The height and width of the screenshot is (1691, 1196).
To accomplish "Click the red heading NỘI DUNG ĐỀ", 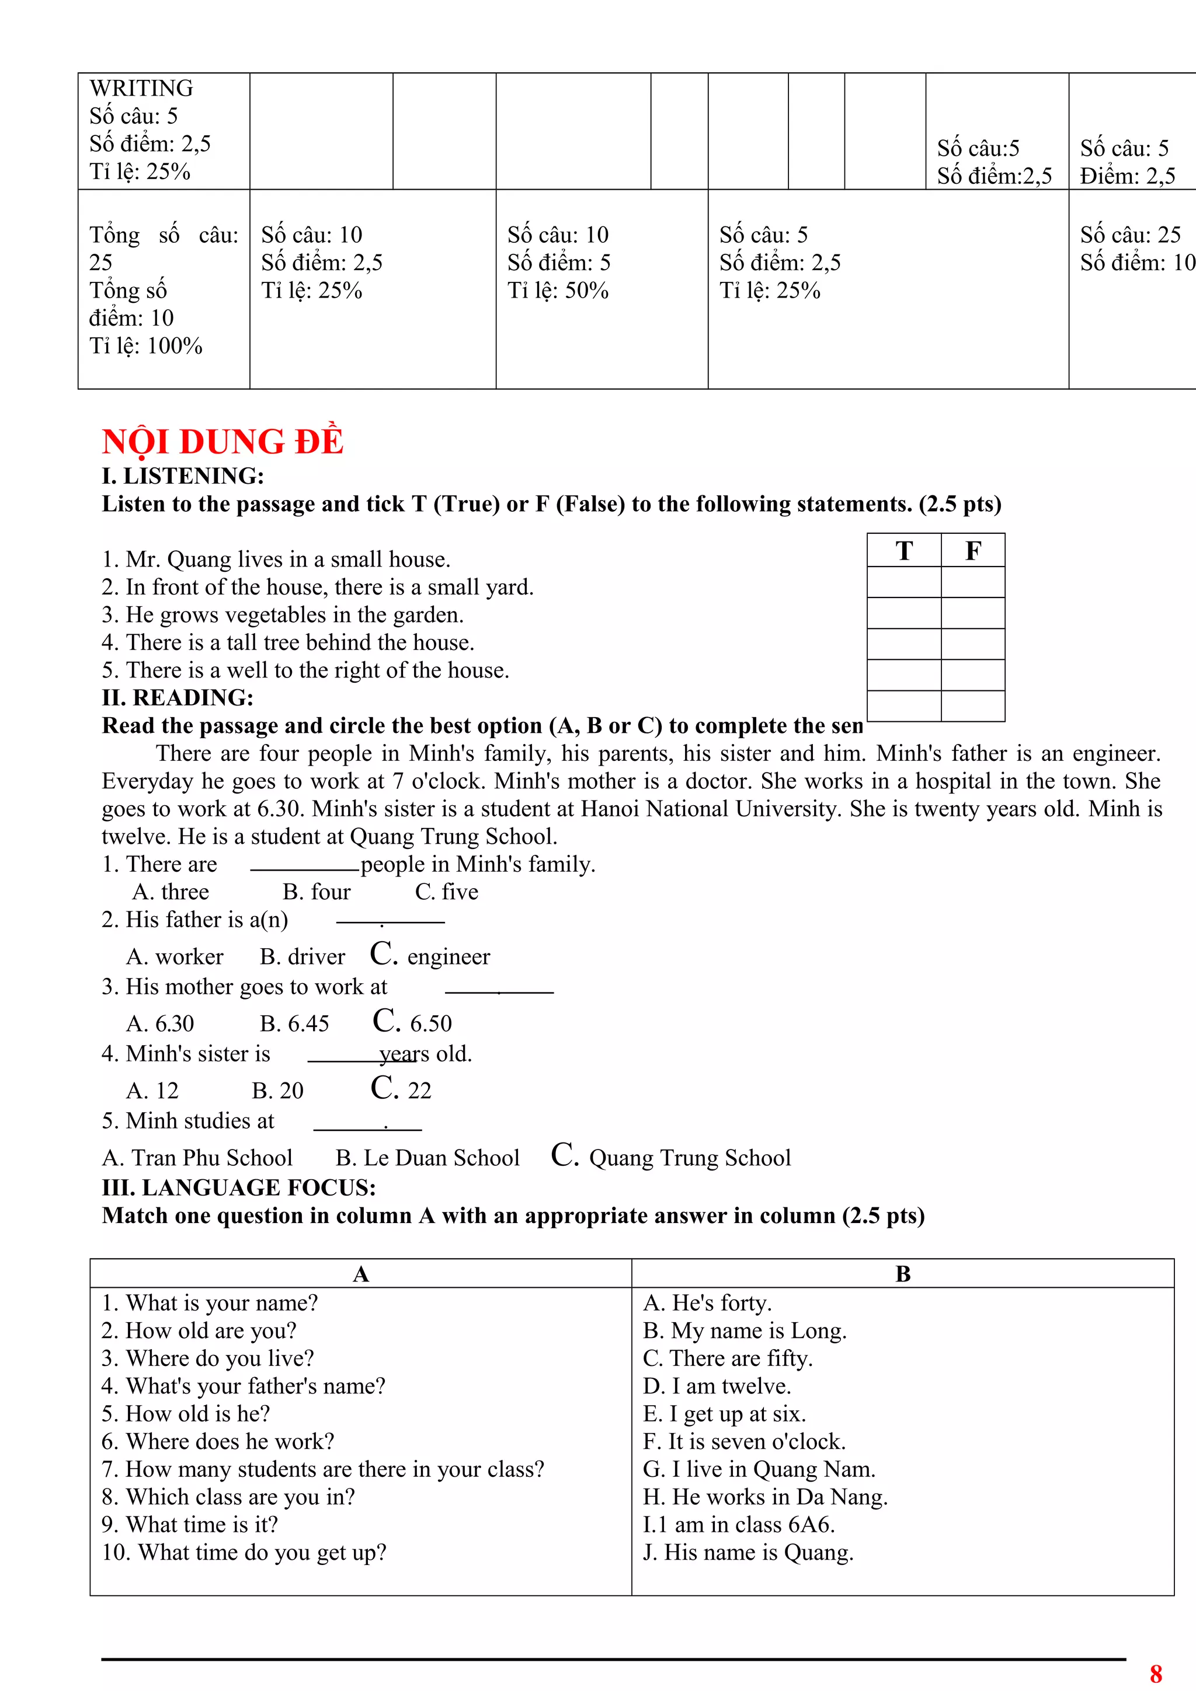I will click(222, 442).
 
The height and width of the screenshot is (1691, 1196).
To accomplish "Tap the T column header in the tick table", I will click(904, 551).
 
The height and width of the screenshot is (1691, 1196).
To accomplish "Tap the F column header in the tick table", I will click(973, 551).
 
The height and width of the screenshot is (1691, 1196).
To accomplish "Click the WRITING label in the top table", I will click(141, 88).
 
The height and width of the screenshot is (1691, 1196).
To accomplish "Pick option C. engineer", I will click(430, 955).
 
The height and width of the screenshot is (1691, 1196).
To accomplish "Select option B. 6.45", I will click(294, 1023).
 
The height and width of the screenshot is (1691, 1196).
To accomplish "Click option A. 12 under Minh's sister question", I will click(152, 1090).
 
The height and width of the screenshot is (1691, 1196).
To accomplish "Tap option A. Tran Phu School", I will click(197, 1158).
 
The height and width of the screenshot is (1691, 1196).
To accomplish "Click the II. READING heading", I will click(178, 697).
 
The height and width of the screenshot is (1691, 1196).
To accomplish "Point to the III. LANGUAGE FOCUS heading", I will click(239, 1187).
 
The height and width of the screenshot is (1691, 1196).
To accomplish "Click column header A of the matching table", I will click(360, 1273).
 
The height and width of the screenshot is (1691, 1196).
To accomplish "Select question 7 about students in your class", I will click(323, 1469).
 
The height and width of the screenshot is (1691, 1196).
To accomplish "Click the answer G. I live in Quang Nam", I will click(759, 1469).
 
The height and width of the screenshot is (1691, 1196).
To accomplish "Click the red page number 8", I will click(1156, 1673).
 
